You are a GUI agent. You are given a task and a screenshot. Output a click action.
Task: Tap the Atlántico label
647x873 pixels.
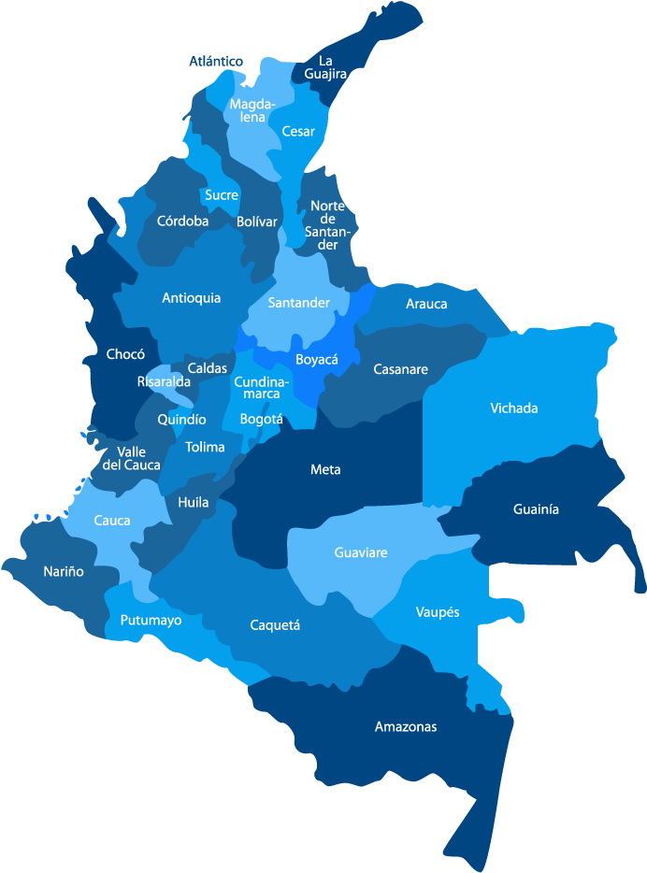pos(216,62)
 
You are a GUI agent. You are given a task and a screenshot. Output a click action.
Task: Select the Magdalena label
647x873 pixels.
pos(252,110)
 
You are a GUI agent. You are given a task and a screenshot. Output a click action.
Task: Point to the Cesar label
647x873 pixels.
pos(298,132)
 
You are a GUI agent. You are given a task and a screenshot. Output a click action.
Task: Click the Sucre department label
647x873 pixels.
pos(222,195)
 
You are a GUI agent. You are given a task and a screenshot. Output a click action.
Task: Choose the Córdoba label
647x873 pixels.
pos(182,222)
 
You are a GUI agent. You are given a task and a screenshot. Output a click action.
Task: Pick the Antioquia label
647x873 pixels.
pos(192,298)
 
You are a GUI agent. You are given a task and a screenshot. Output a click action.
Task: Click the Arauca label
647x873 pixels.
pos(426,304)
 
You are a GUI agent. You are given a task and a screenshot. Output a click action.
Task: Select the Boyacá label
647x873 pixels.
pos(316,360)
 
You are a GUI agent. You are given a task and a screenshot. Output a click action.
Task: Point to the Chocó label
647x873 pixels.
pos(125,354)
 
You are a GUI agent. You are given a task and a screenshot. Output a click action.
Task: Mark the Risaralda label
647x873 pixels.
pos(164,381)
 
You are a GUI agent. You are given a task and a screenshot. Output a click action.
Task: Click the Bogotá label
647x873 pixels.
pos(261,419)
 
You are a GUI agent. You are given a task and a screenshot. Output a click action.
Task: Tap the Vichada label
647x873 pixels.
pos(514,408)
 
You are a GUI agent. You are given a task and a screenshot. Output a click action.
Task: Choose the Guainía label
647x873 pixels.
pos(536,509)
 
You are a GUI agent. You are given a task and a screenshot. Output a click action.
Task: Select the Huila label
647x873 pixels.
pos(194,502)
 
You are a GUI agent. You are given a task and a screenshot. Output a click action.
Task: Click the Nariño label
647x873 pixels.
pos(64,571)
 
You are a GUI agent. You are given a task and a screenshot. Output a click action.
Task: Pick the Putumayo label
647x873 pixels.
pos(151,620)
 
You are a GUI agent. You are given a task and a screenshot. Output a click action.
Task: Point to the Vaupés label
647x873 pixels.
pos(437,612)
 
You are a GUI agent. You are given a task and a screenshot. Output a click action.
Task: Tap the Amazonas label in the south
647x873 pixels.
pos(406,726)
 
